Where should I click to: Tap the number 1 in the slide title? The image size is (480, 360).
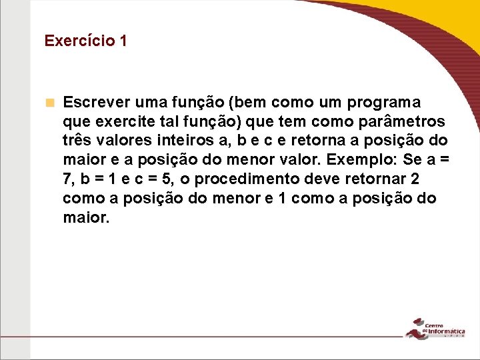pos(123,41)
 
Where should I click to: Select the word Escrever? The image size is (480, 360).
pos(95,103)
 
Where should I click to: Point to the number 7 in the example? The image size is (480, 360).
pos(67,180)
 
